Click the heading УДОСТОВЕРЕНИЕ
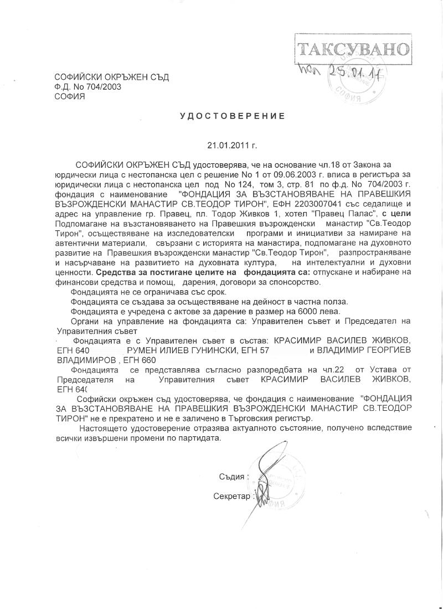click(232, 116)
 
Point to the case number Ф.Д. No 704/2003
click(87, 86)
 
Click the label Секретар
click(231, 496)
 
